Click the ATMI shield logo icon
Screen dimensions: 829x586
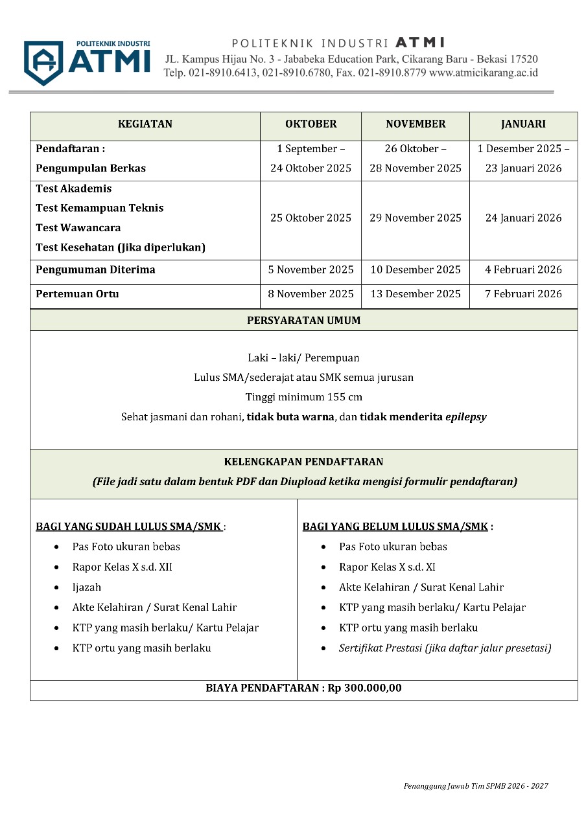pos(43,63)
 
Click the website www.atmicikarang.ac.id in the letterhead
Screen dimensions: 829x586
pos(484,73)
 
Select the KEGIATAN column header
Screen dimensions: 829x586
pos(145,124)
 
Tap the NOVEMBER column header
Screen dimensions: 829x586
pos(416,124)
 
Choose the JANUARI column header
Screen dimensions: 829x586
pos(523,124)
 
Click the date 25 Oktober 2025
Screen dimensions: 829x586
pos(311,218)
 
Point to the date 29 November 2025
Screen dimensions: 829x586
pos(416,218)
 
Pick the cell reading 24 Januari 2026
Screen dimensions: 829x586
pos(523,218)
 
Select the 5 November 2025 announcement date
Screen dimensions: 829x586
pos(311,270)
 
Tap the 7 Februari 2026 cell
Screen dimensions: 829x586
pos(523,294)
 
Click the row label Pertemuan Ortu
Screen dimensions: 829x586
pos(77,294)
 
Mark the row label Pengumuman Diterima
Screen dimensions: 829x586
pos(95,270)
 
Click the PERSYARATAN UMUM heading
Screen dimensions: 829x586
pos(303,321)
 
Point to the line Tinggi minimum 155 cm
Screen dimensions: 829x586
pos(303,397)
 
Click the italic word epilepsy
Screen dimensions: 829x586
pos(465,417)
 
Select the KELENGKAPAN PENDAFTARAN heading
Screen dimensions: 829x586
pos(303,462)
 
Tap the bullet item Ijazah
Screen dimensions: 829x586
pos(87,587)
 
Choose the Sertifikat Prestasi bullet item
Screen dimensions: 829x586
pos(445,648)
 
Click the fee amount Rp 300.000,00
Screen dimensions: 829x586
pos(365,688)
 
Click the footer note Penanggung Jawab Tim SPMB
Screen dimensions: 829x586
pos(475,786)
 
